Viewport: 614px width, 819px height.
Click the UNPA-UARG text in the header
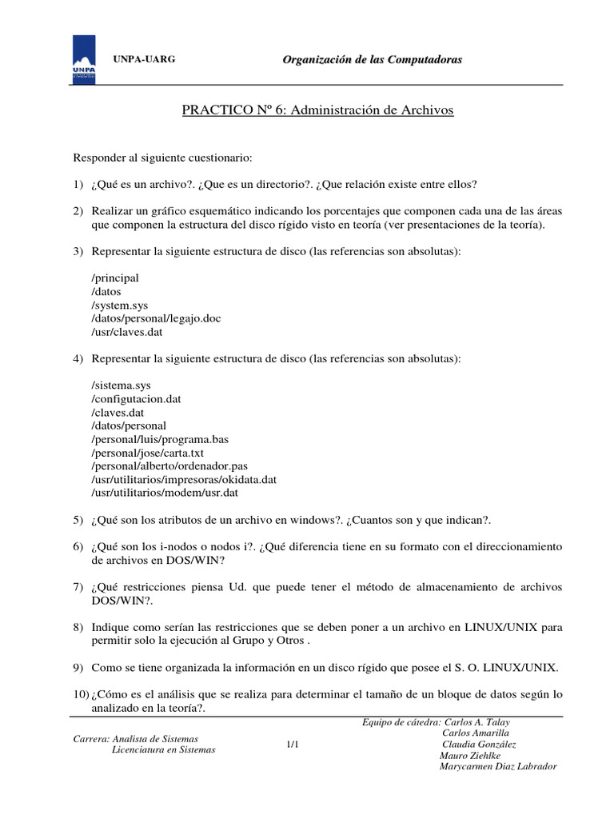(144, 60)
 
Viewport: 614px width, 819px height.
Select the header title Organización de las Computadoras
(373, 60)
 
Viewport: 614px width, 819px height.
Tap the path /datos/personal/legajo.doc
(157, 318)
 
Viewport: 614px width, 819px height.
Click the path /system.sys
(120, 305)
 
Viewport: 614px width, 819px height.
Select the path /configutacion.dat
(142, 398)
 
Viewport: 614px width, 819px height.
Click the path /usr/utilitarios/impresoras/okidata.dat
(184, 480)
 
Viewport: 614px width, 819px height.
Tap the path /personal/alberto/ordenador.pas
(165, 466)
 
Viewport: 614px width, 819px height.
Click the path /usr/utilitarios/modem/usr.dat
(165, 493)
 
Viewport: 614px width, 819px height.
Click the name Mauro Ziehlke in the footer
(470, 755)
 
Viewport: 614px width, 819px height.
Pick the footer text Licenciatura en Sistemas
(163, 750)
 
